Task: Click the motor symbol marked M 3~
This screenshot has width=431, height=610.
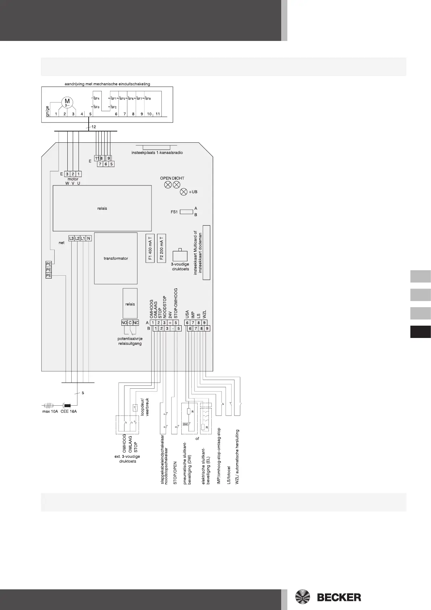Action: click(67, 102)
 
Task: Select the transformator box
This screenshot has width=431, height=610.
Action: click(116, 258)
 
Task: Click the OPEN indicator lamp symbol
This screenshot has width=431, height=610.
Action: click(168, 185)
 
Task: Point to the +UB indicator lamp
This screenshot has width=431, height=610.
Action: click(184, 192)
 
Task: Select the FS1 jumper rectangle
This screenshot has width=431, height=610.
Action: click(186, 212)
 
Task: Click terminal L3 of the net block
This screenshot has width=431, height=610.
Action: click(72, 238)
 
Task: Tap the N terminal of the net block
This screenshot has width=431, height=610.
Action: click(89, 238)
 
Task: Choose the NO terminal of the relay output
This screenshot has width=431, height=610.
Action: click(124, 323)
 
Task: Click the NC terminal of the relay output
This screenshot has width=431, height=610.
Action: click(136, 323)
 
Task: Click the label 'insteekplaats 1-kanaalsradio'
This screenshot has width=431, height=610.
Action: click(157, 152)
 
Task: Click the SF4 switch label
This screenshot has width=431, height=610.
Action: click(97, 99)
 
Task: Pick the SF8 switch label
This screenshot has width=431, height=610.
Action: click(147, 99)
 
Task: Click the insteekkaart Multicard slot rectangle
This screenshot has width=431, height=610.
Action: click(206, 252)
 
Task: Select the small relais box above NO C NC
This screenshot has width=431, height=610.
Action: click(130, 304)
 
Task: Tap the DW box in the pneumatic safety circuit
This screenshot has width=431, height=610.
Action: click(185, 424)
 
